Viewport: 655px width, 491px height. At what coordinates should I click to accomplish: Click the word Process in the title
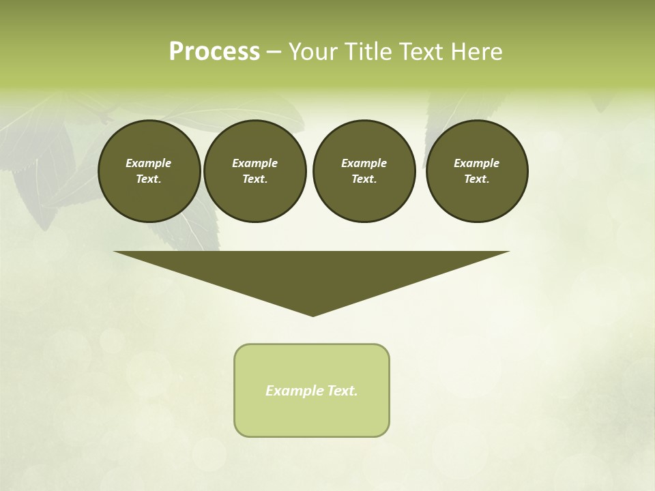(214, 52)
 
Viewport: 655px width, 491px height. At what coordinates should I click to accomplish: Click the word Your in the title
(315, 52)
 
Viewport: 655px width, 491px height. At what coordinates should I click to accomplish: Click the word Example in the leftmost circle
(149, 163)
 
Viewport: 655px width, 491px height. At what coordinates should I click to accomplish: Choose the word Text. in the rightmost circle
(476, 179)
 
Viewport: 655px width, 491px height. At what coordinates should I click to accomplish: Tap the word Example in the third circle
(364, 163)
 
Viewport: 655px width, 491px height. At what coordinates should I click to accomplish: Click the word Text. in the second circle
(254, 179)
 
